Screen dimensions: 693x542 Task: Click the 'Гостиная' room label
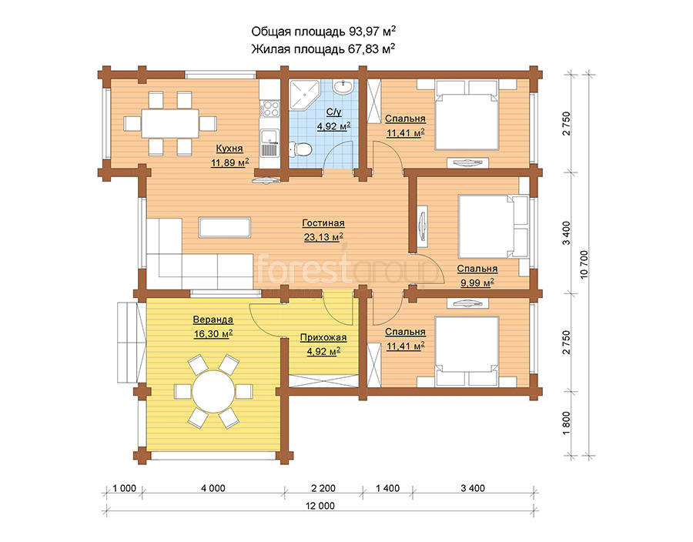(x=323, y=223)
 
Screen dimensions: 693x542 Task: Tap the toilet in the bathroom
(x=300, y=149)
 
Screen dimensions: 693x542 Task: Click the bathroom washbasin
(x=343, y=86)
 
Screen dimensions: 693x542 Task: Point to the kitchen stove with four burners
(x=269, y=109)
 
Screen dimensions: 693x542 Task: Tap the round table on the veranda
(x=214, y=391)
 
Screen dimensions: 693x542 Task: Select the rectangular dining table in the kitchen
(x=170, y=123)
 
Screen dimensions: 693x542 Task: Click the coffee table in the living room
(x=225, y=227)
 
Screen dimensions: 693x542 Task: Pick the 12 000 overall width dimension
(x=320, y=506)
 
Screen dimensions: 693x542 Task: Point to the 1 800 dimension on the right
(x=567, y=423)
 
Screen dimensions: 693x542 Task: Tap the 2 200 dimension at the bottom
(x=323, y=488)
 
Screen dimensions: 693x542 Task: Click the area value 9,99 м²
(x=477, y=283)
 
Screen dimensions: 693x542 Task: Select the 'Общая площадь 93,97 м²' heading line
(x=323, y=32)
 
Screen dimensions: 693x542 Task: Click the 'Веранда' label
(x=213, y=320)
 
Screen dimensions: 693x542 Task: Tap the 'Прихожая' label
(x=323, y=338)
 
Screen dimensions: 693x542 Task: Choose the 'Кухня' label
(x=229, y=148)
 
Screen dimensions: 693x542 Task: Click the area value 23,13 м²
(x=323, y=237)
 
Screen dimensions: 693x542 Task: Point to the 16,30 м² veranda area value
(x=213, y=334)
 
